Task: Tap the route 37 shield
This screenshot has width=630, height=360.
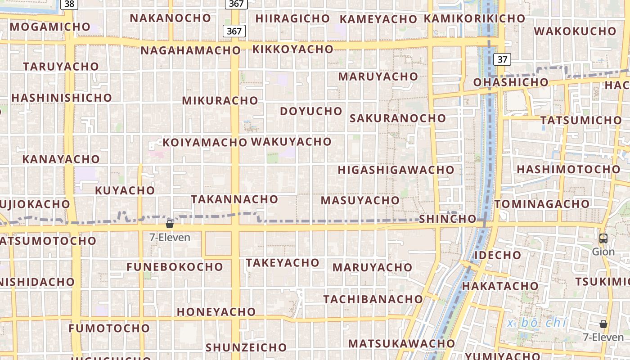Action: [502, 59]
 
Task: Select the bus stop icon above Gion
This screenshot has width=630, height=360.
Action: [603, 238]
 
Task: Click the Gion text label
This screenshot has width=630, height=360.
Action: [603, 252]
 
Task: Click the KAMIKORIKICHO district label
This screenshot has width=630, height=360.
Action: [474, 18]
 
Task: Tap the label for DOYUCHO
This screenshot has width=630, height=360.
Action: [311, 111]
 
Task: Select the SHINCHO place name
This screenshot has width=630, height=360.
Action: [447, 219]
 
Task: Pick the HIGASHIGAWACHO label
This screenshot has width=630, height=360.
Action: [396, 170]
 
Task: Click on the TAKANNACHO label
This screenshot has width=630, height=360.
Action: [234, 199]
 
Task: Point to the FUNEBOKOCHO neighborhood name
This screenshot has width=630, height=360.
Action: [175, 267]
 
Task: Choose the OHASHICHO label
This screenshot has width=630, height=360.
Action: [511, 82]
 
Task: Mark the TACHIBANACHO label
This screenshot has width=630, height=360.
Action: [373, 299]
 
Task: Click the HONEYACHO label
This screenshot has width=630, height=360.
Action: [216, 311]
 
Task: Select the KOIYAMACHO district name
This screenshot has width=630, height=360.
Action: [205, 143]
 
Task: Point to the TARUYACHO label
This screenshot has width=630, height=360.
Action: [61, 66]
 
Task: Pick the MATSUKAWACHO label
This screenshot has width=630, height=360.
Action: [401, 343]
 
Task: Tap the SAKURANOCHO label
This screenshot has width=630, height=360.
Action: [398, 118]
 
